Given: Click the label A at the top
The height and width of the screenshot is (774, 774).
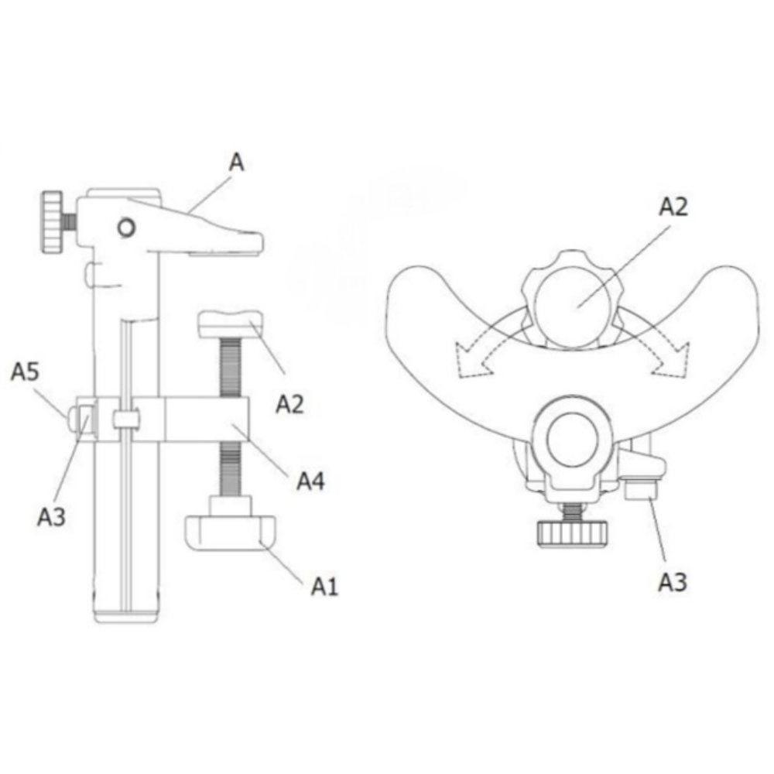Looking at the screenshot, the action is pos(237,162).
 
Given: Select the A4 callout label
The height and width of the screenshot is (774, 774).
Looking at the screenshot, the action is pos(310,481).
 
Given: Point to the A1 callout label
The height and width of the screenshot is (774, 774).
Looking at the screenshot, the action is pos(324,586).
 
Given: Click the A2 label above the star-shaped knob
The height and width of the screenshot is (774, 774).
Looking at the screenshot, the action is pos(673,207).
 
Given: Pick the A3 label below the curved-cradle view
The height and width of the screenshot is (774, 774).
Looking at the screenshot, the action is pos(673,583).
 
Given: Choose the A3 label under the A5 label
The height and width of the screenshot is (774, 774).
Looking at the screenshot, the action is pos(51,517).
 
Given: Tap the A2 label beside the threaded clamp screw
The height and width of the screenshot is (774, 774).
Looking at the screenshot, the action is pos(289,404).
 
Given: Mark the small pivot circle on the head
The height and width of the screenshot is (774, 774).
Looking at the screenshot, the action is pos(126,228).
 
